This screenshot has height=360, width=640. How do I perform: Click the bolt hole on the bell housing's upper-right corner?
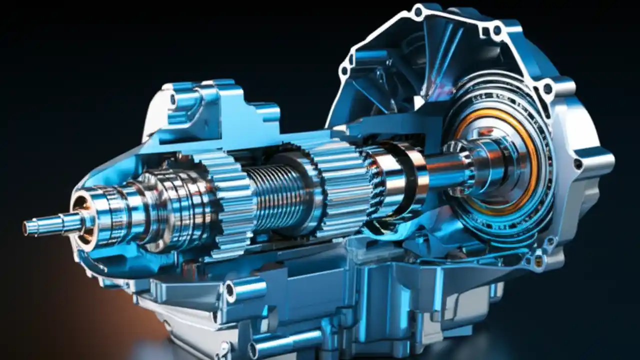[548, 88]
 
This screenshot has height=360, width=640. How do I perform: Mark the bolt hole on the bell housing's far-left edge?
[344, 70]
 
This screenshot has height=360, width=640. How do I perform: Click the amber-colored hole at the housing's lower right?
[538, 260]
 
